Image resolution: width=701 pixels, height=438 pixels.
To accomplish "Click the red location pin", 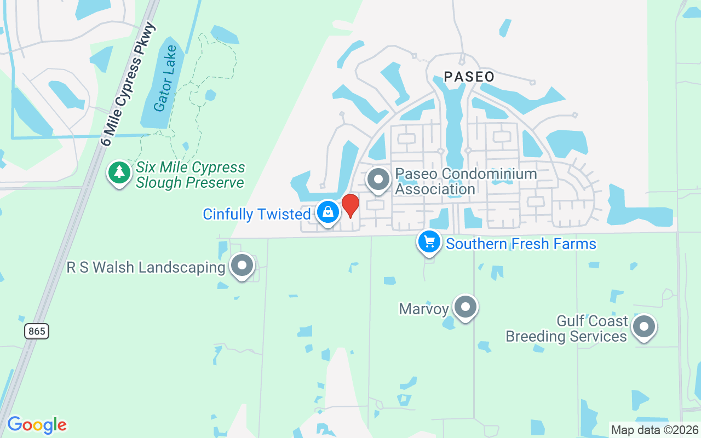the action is (350, 205).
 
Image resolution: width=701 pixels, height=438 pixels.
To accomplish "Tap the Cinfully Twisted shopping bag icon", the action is (327, 211).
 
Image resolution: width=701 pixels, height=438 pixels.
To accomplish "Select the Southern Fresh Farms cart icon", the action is (429, 241).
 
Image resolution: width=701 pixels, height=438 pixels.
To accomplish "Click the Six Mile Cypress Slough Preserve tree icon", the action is (119, 172).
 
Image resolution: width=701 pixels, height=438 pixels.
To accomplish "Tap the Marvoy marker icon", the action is (465, 307).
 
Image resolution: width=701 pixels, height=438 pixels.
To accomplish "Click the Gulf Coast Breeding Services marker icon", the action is (643, 327).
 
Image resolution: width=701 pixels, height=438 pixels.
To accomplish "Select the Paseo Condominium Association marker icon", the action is (377, 179).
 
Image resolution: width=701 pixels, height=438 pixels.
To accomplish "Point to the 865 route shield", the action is (37, 331).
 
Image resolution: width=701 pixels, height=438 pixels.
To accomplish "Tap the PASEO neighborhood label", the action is (469, 77).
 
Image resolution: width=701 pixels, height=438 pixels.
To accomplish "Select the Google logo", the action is (37, 425).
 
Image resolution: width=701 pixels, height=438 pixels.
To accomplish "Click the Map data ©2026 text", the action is (655, 430).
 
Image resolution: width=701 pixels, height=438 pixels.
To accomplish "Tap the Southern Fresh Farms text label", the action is (521, 244).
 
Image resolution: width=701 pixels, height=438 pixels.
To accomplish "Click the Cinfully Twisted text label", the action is (256, 214).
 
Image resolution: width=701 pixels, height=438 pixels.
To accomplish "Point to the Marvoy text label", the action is (424, 309).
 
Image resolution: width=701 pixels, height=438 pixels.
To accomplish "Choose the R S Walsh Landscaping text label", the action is (146, 267).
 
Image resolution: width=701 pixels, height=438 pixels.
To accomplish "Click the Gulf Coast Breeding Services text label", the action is (567, 328).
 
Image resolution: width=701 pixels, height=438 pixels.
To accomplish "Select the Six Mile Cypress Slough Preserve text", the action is (190, 175).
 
